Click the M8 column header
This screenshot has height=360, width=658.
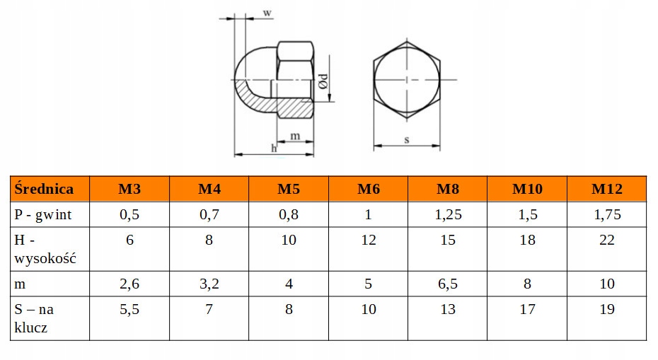click(447, 189)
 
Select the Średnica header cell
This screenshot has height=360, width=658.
click(44, 189)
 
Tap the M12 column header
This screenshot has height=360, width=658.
click(606, 189)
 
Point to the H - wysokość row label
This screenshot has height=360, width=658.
click(45, 249)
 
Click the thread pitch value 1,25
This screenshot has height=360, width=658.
click(447, 214)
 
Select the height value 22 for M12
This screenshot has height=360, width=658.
click(606, 240)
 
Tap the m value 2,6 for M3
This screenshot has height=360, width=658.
click(129, 284)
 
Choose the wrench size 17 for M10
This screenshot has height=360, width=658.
click(527, 310)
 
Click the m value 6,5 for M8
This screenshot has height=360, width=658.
click(447, 284)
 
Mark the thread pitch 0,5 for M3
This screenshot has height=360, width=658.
click(129, 214)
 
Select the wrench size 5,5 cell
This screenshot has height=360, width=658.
click(129, 310)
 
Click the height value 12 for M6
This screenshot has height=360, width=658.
click(368, 240)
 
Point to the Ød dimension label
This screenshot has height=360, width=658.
click(323, 81)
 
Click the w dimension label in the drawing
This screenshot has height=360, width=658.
click(267, 13)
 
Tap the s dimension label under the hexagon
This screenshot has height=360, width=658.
click(407, 139)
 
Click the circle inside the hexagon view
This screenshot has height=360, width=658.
click(407, 78)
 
